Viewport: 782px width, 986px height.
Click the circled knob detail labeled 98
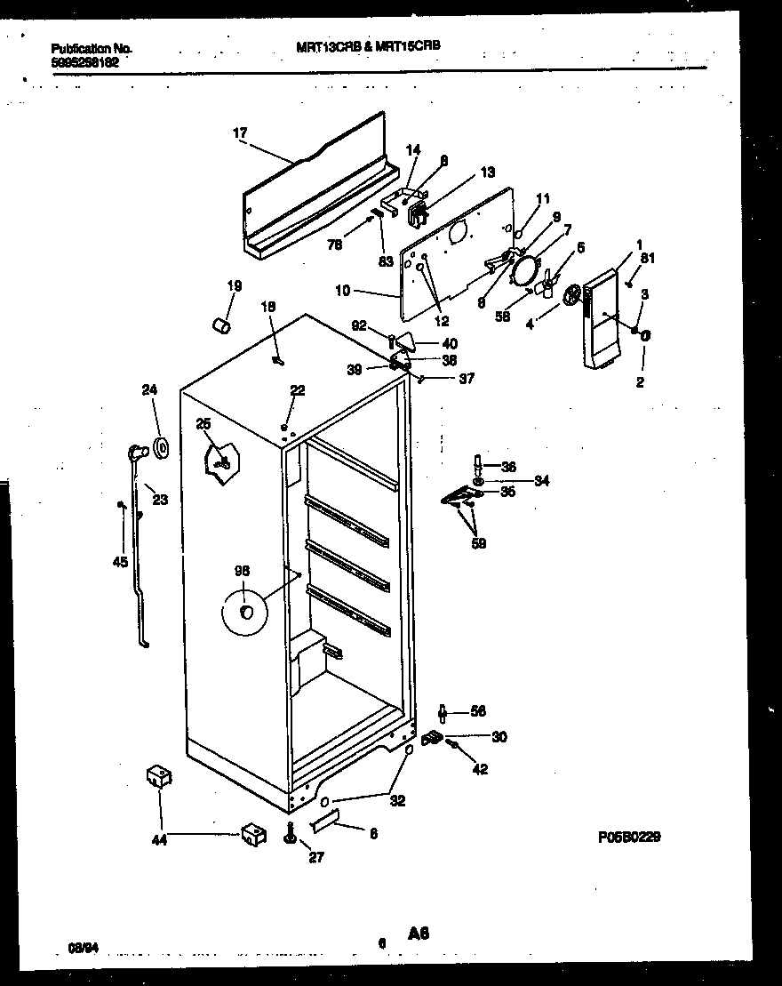[247, 612]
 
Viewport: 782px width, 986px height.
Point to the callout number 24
[150, 389]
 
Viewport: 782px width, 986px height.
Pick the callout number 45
[121, 561]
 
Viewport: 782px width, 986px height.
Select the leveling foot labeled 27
[291, 836]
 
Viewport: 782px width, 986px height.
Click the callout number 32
[397, 800]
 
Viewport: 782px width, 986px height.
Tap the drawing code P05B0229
[630, 837]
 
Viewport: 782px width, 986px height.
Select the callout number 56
[478, 711]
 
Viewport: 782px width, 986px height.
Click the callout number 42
[480, 769]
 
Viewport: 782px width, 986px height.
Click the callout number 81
[647, 260]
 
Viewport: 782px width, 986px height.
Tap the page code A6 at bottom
[419, 933]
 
